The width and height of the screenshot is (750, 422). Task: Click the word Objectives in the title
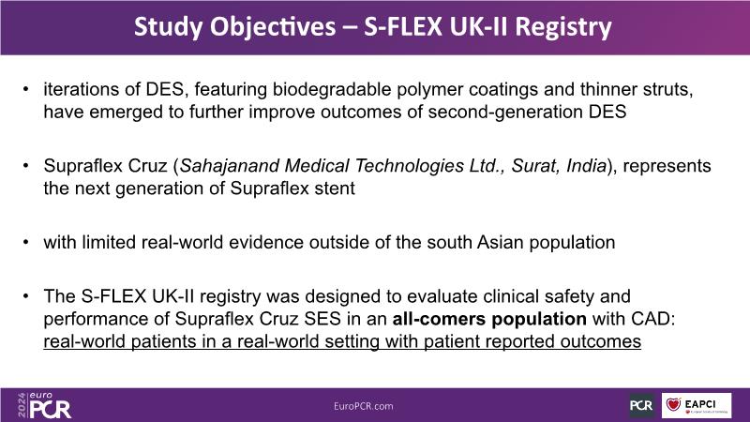pos(273,27)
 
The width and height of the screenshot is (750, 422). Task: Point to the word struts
pos(667,90)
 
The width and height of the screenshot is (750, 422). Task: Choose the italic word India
pos(586,166)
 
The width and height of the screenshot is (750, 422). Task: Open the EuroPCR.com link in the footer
pos(364,406)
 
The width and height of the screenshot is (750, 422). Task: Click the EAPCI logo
pos(697,406)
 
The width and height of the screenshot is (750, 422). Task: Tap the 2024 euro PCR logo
pos(44,406)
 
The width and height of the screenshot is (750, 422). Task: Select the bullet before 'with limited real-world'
pos(26,243)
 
